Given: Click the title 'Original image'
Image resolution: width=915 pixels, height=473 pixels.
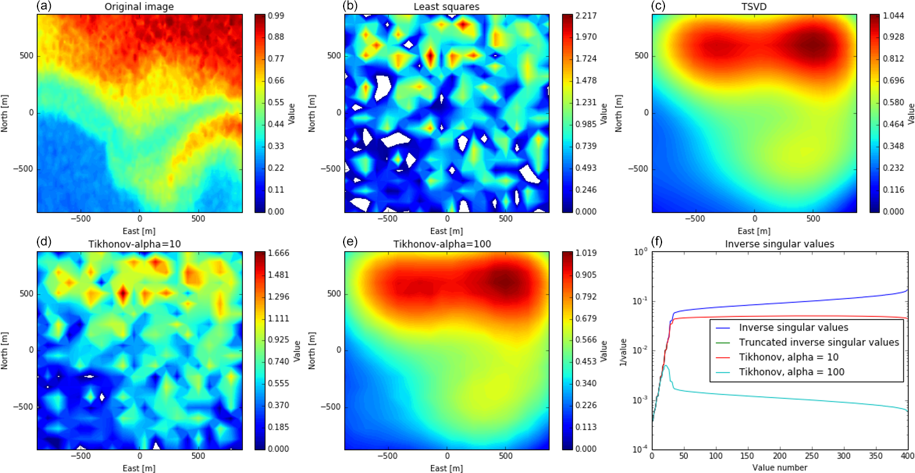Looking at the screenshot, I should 139,7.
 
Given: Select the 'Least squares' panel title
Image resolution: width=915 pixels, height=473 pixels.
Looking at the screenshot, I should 447,7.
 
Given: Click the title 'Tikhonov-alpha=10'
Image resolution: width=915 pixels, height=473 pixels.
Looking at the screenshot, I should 139,244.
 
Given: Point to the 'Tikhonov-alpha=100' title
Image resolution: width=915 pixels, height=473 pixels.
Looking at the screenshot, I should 447,244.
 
